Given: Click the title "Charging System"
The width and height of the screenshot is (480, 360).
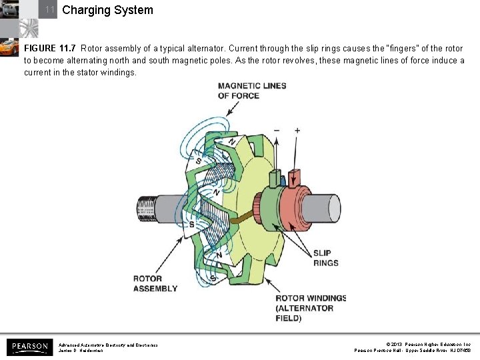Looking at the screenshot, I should click(x=107, y=10).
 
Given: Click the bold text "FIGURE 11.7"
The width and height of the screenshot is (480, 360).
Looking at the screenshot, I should click(x=50, y=49).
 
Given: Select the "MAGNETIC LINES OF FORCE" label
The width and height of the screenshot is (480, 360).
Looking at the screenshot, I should click(x=251, y=91).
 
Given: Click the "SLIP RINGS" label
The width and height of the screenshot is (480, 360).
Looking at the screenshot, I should click(x=325, y=258).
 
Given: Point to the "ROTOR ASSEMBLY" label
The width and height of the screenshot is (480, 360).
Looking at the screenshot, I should click(x=155, y=283).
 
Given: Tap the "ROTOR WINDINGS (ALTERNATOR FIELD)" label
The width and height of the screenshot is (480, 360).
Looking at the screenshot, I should click(x=311, y=308).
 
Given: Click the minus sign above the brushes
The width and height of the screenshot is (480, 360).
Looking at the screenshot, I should click(x=276, y=131).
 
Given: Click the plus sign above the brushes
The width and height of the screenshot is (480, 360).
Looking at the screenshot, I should click(x=297, y=131).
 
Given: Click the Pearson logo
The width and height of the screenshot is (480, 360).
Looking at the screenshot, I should click(x=29, y=347).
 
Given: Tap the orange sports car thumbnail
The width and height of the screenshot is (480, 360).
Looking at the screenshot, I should click(x=9, y=47).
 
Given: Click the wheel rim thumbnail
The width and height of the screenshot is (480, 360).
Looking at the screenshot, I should click(x=28, y=27).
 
